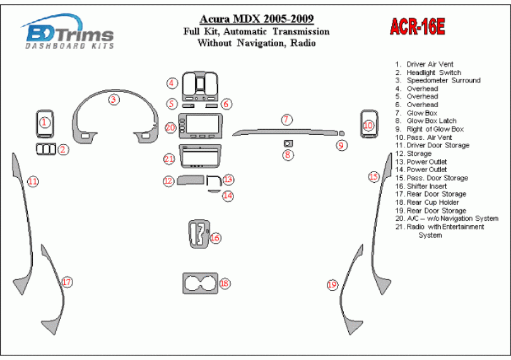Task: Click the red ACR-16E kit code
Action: point(417,26)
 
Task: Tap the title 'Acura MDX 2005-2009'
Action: point(257,18)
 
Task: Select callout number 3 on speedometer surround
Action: point(114,99)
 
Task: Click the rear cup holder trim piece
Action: point(200,284)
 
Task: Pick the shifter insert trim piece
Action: point(199,234)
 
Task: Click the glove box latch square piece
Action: point(288,143)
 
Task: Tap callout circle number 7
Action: point(286,120)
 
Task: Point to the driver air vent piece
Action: point(45,124)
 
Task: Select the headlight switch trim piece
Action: point(45,149)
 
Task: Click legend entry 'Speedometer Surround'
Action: point(443,81)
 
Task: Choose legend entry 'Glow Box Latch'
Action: point(432,121)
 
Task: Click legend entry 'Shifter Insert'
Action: point(427,187)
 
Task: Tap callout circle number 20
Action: point(170,127)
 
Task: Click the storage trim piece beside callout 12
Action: point(191,180)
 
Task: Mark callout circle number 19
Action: point(332,285)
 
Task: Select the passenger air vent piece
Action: point(369,124)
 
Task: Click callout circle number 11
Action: point(33,181)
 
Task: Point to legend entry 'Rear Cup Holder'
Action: point(433,202)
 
